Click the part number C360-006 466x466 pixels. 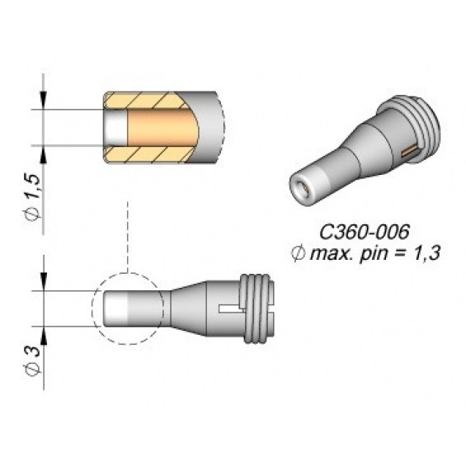(365, 232)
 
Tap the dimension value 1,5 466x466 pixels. (32, 186)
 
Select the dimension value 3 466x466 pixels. (32, 351)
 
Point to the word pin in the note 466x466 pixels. (373, 255)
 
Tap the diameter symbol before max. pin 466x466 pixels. (298, 254)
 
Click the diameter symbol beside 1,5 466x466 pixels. (32, 213)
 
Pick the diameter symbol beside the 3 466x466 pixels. (32, 370)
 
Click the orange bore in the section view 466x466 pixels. (162, 127)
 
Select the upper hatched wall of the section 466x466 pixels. (146, 100)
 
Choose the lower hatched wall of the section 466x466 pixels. (147, 154)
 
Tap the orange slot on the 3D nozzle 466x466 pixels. (410, 151)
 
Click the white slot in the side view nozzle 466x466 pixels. (231, 308)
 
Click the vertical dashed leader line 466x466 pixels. (128, 237)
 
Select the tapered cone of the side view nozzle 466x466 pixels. (188, 308)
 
